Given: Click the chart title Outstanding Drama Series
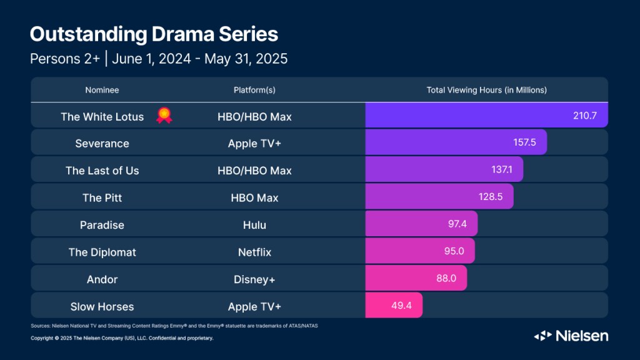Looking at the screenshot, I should coord(154,34).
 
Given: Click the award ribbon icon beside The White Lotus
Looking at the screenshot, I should coord(164,116).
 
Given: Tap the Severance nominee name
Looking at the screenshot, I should coord(102,143).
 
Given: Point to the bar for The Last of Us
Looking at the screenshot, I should coord(444,170).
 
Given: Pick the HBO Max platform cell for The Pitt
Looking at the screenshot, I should coord(254,197).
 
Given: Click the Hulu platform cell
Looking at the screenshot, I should coord(254,225).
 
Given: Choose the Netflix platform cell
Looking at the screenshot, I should coord(254,252).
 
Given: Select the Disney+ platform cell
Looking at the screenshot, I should coord(254,279).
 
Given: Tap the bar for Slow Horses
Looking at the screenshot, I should coord(394,306).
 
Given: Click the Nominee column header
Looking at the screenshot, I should coord(102,90).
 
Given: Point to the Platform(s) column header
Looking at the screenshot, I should coord(254,90).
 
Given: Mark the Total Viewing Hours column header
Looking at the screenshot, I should coord(486,90).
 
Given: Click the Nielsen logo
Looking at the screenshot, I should coord(571,336).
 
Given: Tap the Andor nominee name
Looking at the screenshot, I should coord(102,279).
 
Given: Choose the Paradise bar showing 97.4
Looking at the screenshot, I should coord(421,225).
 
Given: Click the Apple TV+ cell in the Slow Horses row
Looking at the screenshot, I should coord(254,306).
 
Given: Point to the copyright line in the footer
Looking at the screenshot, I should coord(122,338).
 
